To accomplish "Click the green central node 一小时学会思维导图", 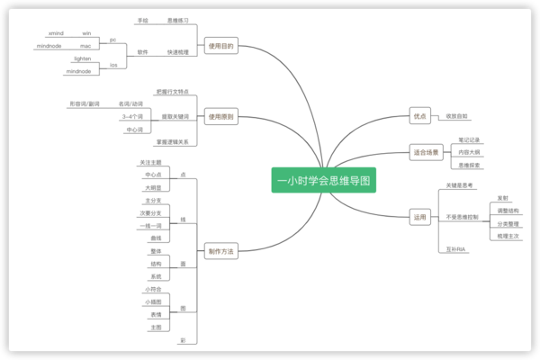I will pos(323,181).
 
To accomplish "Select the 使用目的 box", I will pos(220,46).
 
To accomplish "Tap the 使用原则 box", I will pos(220,116).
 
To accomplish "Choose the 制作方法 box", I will pos(220,251).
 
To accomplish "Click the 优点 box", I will pos(419,116).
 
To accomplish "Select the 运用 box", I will pos(419,217).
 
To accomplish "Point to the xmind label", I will pos(56,32).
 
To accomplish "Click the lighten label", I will pos(82,58).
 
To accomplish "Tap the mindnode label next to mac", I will pos(49,45).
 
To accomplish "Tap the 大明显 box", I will pos(153,187).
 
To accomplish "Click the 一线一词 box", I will pos(151,225).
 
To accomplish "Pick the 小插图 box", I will pos(154,302).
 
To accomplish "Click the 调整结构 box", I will pos(508,210).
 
